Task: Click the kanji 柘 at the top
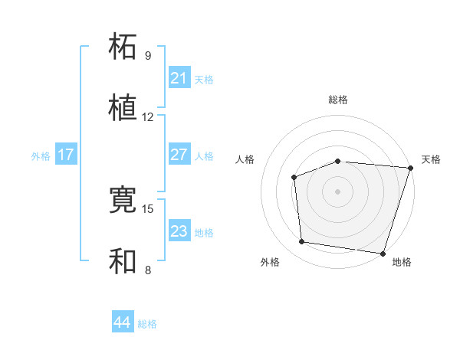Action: coord(123,45)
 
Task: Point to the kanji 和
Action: coord(123,260)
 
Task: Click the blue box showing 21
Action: coord(179,78)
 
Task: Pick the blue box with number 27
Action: coord(179,155)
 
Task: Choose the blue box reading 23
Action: coord(179,231)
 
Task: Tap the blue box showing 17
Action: coord(66,155)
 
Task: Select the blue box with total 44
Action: coord(122,322)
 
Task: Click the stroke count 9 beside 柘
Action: coord(148,56)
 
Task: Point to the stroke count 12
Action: coord(148,117)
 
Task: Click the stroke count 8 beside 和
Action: coord(148,270)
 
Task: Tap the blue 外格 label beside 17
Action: coord(41,155)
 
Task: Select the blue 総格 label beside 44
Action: coord(147,324)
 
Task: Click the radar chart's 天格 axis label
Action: coord(431,159)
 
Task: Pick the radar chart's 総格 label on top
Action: coord(338,100)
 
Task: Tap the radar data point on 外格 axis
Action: coord(302,242)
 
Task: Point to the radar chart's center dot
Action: coord(337,191)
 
